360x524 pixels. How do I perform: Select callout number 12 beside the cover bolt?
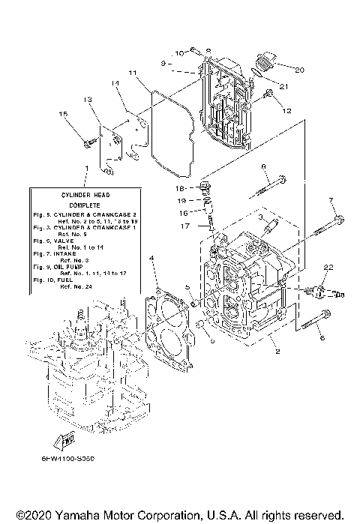tap(286, 109)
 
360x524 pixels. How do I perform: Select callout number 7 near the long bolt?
tap(331, 199)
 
